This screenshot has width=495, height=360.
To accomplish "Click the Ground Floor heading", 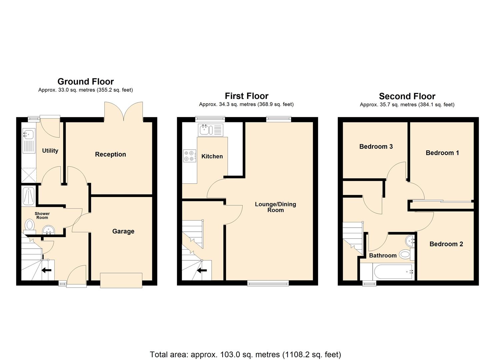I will pos(86,82).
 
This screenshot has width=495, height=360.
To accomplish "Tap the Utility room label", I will pos(50,151).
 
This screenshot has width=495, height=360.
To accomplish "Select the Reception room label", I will pos(110,154).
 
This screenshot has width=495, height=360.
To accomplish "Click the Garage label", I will pos(123,231).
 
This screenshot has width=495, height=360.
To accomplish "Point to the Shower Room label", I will pos(42,216).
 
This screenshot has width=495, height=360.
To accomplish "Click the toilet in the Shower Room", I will pos(30,225).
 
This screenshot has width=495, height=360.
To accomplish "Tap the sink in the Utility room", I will pos(28,135).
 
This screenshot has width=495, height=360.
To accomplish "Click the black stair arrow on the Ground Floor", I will pos(46,270).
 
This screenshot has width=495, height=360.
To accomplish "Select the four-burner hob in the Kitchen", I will pos(189,156).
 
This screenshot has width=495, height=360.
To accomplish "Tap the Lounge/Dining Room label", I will pos(275,207).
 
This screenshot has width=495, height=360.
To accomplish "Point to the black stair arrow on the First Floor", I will pos(202,270).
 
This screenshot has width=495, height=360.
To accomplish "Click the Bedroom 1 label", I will pos(442,153).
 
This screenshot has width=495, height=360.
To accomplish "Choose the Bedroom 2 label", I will pos(446,244).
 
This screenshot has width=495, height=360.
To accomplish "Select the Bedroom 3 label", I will pos(376,147).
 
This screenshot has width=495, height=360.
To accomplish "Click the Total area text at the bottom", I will pos(245,354).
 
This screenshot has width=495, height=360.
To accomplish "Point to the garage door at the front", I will pos(121,280).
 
